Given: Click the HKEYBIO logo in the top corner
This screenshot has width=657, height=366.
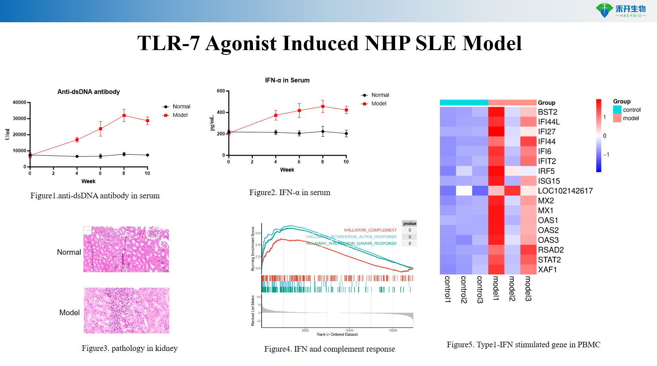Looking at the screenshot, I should pyautogui.click(x=620, y=10).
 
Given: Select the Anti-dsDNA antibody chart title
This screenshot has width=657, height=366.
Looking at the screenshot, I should pyautogui.click(x=89, y=92).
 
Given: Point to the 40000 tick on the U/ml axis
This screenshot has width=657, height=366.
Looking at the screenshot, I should pyautogui.click(x=19, y=103).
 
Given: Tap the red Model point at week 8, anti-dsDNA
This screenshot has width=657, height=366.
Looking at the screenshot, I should pyautogui.click(x=124, y=116).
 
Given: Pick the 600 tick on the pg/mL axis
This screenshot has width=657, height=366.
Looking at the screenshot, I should pyautogui.click(x=221, y=91).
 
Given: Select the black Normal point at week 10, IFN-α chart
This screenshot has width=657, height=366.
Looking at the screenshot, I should pyautogui.click(x=346, y=134).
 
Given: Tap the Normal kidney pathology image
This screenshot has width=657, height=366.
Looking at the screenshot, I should pyautogui.click(x=126, y=250).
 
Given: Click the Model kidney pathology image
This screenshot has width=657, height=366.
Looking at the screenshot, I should pyautogui.click(x=126, y=310).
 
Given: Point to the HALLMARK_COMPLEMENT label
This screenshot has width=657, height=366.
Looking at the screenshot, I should pyautogui.click(x=370, y=230).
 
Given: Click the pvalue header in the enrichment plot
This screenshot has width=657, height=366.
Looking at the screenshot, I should pyautogui.click(x=410, y=223).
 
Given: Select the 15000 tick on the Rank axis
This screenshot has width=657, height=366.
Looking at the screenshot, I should pyautogui.click(x=393, y=330).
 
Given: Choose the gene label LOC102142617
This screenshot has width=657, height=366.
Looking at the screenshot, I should pyautogui.click(x=565, y=191).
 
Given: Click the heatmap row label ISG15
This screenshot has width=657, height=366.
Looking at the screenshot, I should pyautogui.click(x=549, y=181).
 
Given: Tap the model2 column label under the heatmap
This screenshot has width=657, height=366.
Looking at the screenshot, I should pyautogui.click(x=512, y=289).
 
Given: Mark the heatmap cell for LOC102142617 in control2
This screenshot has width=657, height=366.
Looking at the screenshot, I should pyautogui.click(x=464, y=191).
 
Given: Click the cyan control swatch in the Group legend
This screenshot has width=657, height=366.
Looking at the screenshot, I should pyautogui.click(x=617, y=110).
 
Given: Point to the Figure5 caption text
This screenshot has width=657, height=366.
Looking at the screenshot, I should pyautogui.click(x=523, y=345).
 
